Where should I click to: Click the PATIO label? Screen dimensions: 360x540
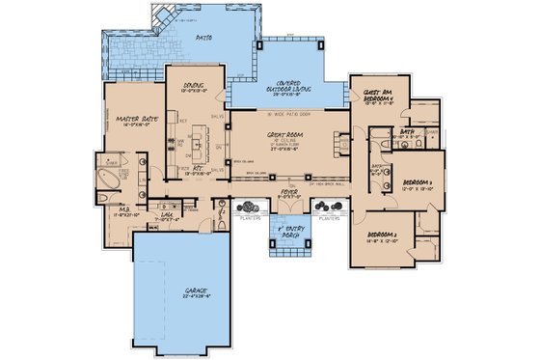(x=202, y=40)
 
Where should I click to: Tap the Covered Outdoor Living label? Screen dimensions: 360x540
(x=290, y=86)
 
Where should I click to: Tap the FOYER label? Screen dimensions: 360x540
(x=290, y=192)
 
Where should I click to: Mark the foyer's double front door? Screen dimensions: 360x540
(x=290, y=215)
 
